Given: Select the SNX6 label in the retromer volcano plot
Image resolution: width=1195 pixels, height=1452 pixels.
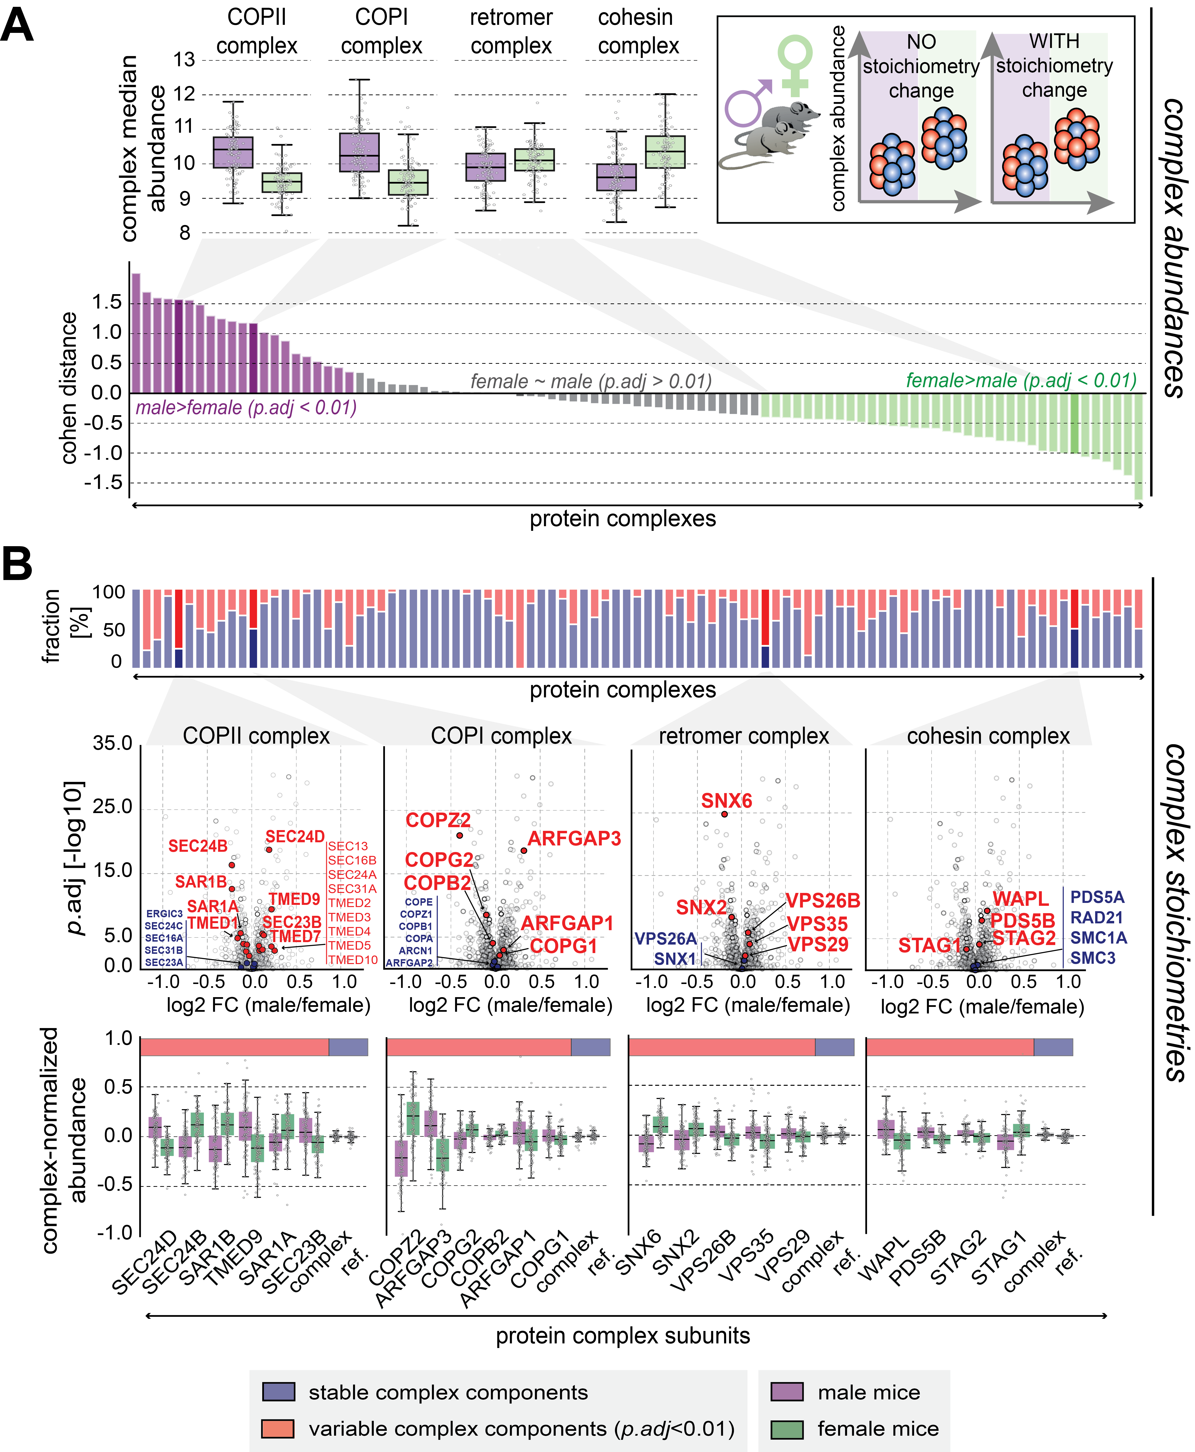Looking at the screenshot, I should [x=726, y=801].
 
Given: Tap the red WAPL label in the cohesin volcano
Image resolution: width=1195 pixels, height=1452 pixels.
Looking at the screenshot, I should [x=1020, y=899].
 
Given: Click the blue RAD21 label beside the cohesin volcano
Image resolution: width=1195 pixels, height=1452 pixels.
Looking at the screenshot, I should [x=1097, y=918].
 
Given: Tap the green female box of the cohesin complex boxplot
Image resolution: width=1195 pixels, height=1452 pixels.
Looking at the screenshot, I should [x=665, y=151].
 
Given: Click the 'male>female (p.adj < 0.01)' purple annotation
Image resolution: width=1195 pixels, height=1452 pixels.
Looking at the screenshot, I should [x=246, y=408].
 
